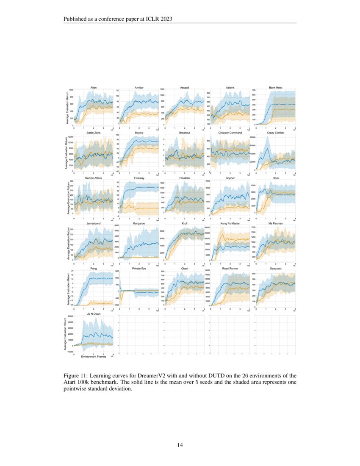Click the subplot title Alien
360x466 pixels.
coord(93,87)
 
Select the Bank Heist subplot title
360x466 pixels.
coord(276,87)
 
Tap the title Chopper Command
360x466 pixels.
coord(230,133)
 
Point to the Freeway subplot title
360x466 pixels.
coord(139,178)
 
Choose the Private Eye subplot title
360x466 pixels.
coord(139,268)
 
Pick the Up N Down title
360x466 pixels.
coord(93,314)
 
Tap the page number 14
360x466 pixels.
coord(180,445)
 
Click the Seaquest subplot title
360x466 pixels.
coord(276,268)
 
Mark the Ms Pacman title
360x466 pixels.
coord(276,223)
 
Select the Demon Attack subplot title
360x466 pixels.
coord(93,178)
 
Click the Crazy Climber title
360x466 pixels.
coord(276,133)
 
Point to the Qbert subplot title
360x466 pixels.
coord(185,268)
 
